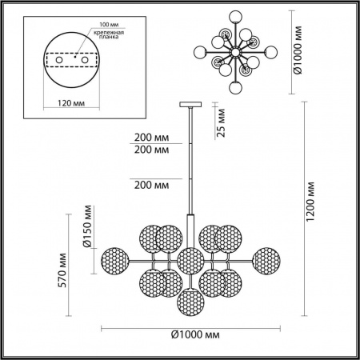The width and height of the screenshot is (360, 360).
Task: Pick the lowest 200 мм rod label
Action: coord(153,185)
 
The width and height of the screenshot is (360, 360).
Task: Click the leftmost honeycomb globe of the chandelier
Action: coord(114,260)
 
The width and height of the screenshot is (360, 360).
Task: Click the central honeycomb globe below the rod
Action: coord(190,260)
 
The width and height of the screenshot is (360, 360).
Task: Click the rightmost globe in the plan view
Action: coord(274,53)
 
